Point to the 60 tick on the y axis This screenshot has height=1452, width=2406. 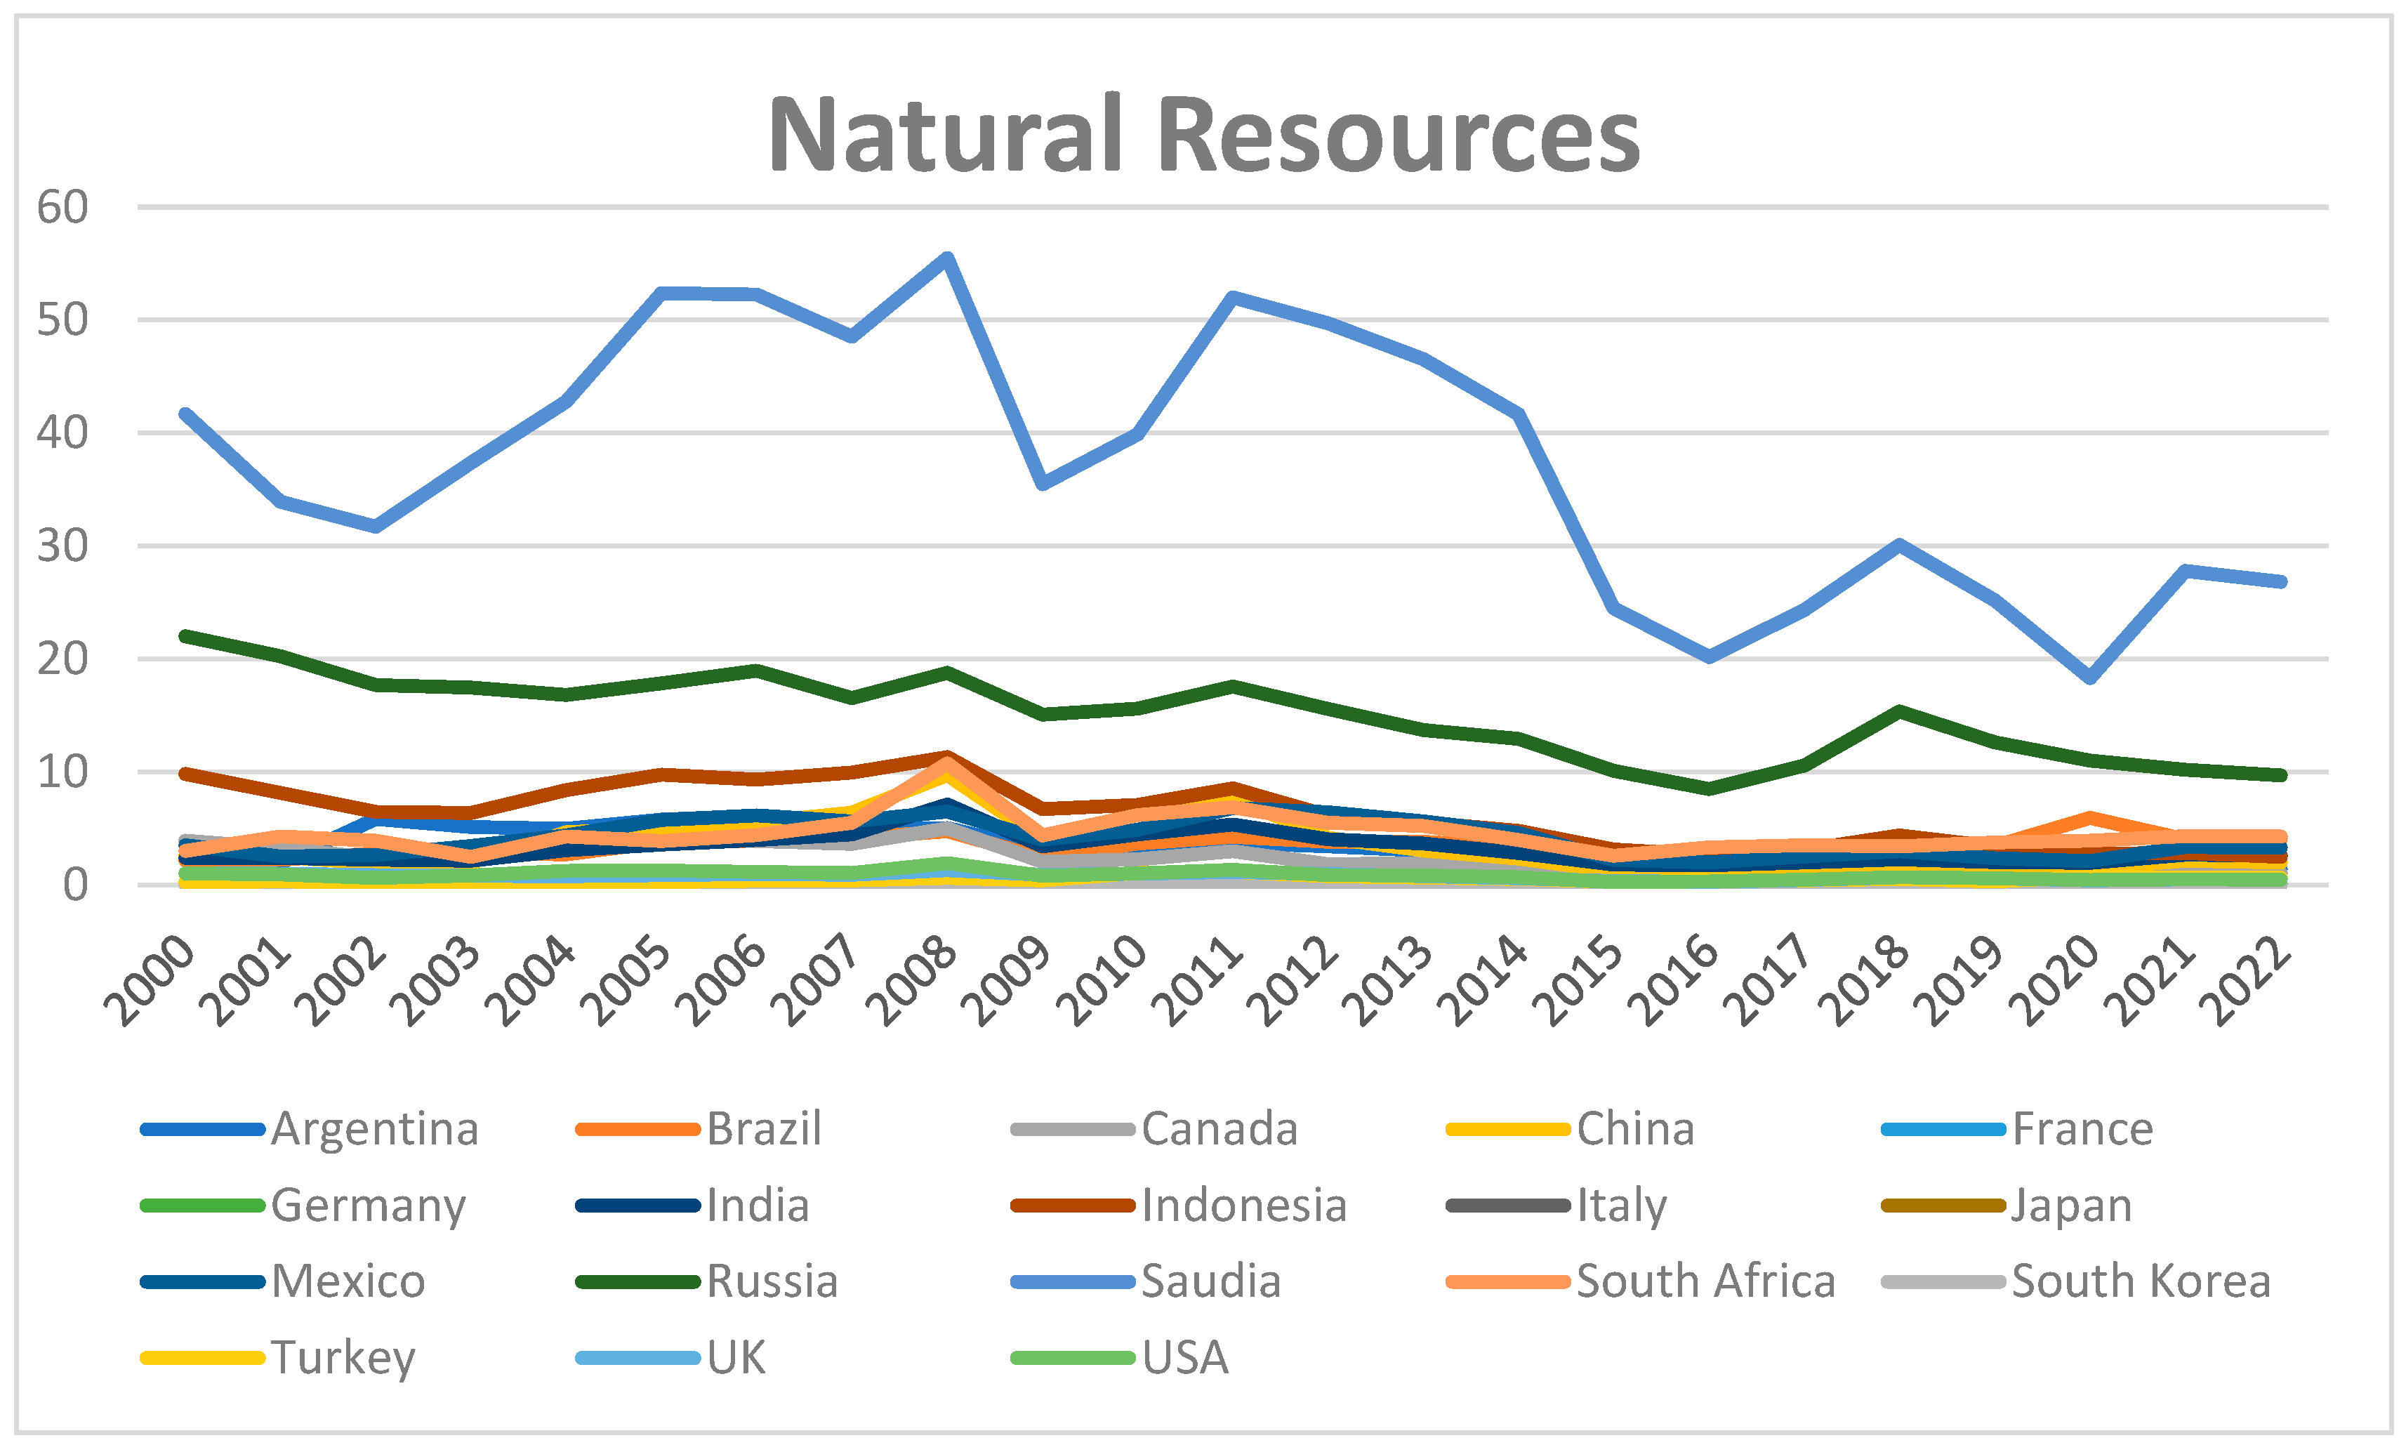tap(62, 207)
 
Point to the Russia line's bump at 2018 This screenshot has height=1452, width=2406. tap(1899, 712)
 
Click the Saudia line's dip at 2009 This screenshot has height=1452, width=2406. tap(1043, 483)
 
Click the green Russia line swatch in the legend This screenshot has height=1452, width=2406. tap(637, 1282)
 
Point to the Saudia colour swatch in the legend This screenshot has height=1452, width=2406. tap(1072, 1282)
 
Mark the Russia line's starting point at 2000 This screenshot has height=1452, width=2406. tap(185, 635)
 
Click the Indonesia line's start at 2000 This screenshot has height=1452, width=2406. tap(185, 773)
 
